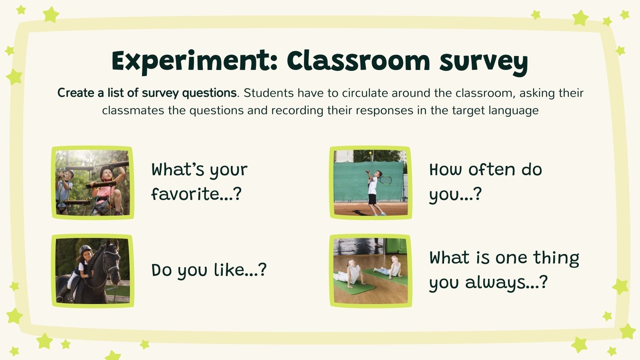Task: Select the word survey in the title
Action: pyautogui.click(x=484, y=62)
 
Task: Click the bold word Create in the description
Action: pyautogui.click(x=76, y=93)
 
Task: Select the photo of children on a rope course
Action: pyautogui.click(x=92, y=182)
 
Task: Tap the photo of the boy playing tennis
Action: pyautogui.click(x=370, y=182)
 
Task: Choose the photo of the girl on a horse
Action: pyautogui.click(x=92, y=271)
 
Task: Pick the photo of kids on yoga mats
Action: pyautogui.click(x=370, y=271)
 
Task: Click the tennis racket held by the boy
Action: pyautogui.click(x=385, y=180)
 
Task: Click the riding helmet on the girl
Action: pyautogui.click(x=85, y=250)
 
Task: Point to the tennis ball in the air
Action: pyautogui.click(x=371, y=153)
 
